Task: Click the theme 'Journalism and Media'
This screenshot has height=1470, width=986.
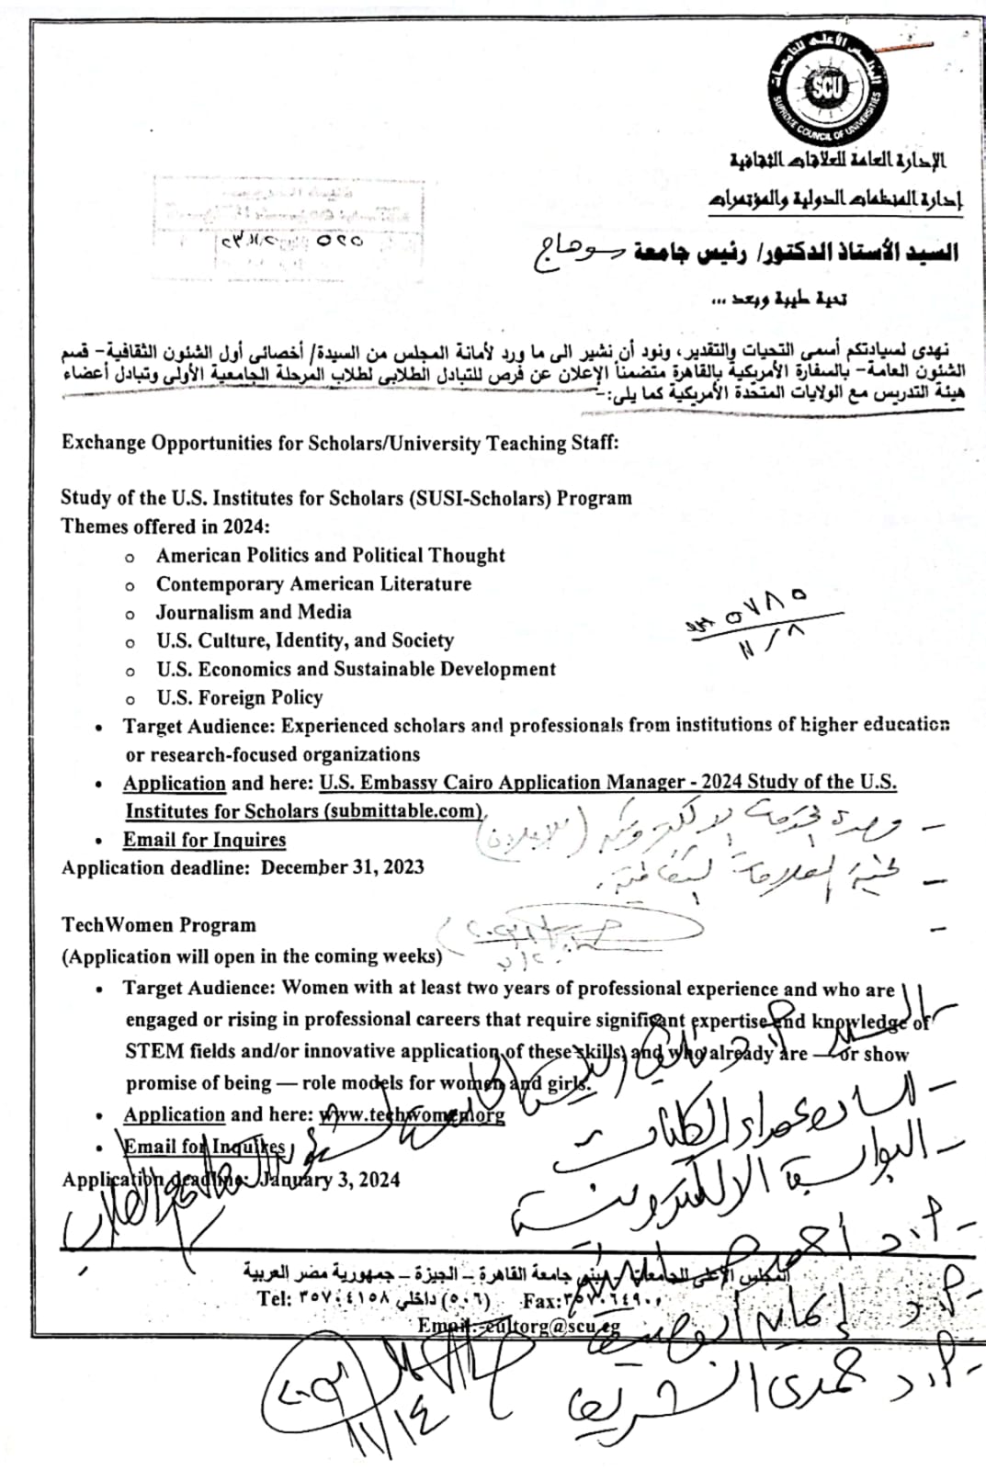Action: (254, 612)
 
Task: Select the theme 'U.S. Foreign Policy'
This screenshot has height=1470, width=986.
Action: (240, 697)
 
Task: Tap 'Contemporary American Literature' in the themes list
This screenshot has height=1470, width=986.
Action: (313, 583)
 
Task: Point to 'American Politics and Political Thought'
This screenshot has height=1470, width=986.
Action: (331, 555)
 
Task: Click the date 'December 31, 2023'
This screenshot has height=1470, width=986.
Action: (342, 867)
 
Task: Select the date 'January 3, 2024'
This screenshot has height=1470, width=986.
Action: (329, 1180)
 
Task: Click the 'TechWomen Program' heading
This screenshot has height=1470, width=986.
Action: (159, 925)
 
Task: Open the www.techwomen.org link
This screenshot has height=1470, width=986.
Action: (413, 1114)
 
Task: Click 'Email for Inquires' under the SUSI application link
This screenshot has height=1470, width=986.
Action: (204, 840)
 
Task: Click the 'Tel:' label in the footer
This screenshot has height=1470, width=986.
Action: (274, 1299)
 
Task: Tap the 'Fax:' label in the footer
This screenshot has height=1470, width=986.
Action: (539, 1300)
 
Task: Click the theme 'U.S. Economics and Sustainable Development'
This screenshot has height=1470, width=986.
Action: (356, 669)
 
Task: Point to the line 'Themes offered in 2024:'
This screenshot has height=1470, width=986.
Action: (165, 526)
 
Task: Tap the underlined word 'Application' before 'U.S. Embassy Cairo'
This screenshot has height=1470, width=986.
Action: (175, 783)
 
